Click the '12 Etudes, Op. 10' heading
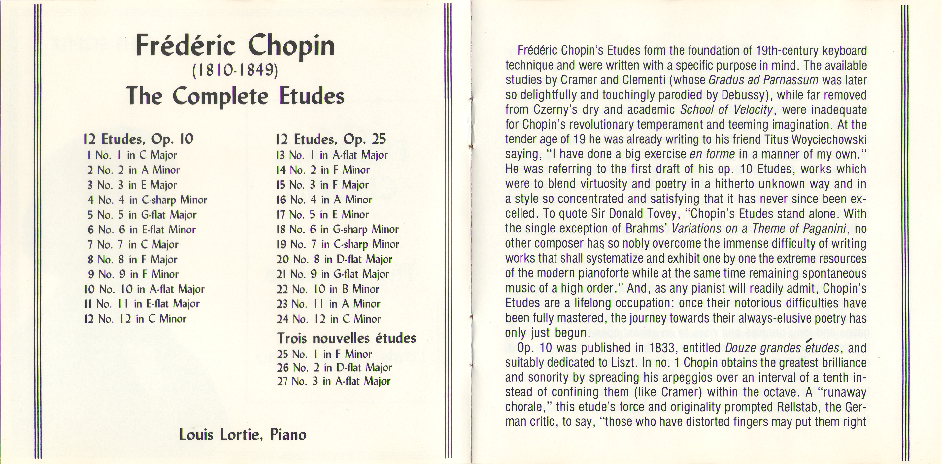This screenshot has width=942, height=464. (138, 139)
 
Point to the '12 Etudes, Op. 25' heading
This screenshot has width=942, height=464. (331, 139)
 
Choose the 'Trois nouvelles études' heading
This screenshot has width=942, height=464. (346, 338)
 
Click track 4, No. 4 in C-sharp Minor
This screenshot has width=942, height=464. (147, 200)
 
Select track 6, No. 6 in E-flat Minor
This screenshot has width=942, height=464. (142, 230)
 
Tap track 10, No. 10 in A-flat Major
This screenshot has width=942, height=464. (144, 289)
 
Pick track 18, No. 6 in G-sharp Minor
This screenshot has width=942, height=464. (337, 230)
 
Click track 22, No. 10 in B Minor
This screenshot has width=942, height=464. (328, 289)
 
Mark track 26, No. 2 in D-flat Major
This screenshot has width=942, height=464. (334, 368)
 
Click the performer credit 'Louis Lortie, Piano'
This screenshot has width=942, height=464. (243, 435)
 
